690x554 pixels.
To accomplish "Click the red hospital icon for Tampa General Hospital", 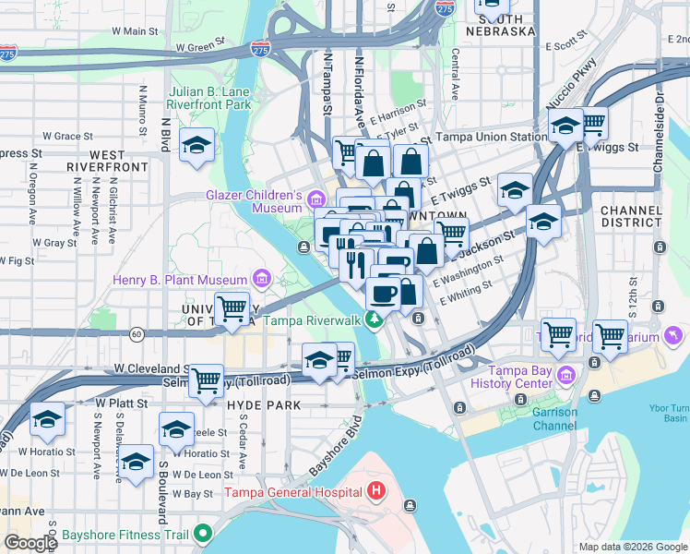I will [375, 490].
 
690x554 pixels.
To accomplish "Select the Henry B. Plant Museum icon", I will [261, 279].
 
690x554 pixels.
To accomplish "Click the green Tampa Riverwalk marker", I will [374, 320].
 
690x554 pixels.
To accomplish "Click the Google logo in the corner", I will [30, 543].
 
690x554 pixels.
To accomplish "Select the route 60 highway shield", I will [137, 332].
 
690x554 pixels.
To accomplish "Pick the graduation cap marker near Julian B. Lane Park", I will [196, 147].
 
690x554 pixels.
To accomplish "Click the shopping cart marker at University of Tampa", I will [232, 308].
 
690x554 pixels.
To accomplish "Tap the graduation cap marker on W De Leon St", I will [136, 463].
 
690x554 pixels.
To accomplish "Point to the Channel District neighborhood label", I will [631, 216].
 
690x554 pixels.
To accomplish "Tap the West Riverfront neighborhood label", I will [107, 161].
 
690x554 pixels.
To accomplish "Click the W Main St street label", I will [135, 30].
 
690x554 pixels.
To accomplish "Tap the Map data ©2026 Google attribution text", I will [632, 547].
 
